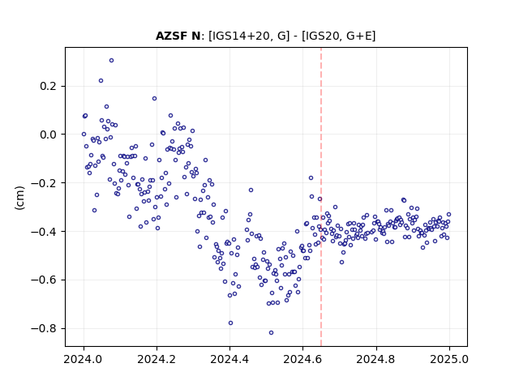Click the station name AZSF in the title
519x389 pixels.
pos(173,36)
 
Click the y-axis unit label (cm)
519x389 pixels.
pos(19,198)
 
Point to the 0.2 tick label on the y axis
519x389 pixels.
pos(48,87)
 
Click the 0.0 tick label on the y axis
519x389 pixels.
pos(48,135)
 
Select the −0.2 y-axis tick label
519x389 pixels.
pos(44,183)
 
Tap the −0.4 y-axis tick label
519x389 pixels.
pos(44,232)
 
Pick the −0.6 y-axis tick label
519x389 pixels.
pos(44,280)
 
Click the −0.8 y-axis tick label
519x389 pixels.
pos(44,328)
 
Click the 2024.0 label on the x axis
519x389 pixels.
pos(84,359)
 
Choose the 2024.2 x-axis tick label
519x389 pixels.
pos(157,359)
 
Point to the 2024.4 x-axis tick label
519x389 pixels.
pos(229,359)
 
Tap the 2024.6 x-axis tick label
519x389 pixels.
pos(302,359)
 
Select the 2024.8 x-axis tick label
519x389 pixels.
pos(376,359)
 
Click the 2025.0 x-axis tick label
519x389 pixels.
pos(449,359)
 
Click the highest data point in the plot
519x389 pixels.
pos(112,61)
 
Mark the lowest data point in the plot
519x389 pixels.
pos(271,333)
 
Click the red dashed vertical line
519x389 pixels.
pos(321,197)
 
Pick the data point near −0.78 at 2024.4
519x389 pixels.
pos(230,323)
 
